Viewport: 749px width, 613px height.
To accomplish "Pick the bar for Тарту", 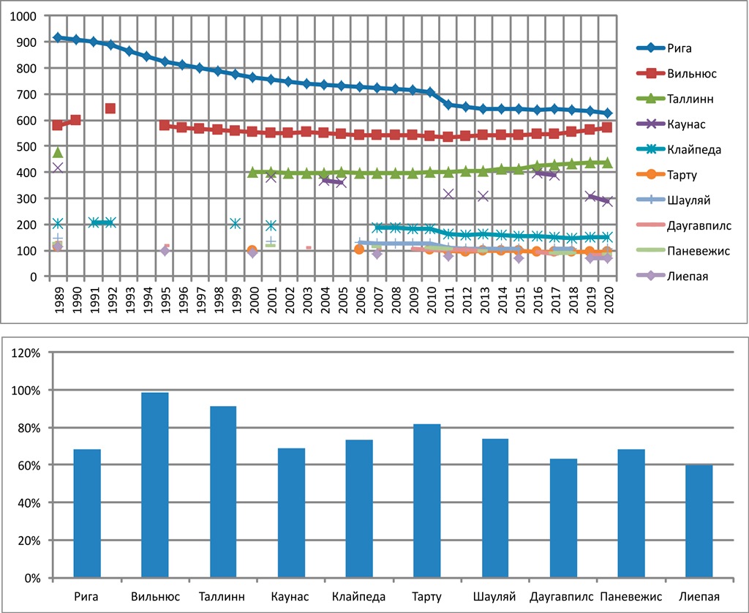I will (x=426, y=501).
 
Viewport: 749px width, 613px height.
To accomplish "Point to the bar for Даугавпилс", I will (x=562, y=518).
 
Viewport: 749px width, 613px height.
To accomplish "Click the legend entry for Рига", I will (x=680, y=49).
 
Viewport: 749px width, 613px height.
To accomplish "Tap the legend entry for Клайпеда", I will (x=693, y=150).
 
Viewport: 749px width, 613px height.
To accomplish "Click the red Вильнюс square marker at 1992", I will (x=110, y=108).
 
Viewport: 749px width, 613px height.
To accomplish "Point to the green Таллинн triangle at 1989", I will (x=58, y=152).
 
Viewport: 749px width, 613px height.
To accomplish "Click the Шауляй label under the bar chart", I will (x=494, y=597).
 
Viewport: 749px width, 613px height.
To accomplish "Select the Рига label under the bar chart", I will (x=86, y=597).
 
